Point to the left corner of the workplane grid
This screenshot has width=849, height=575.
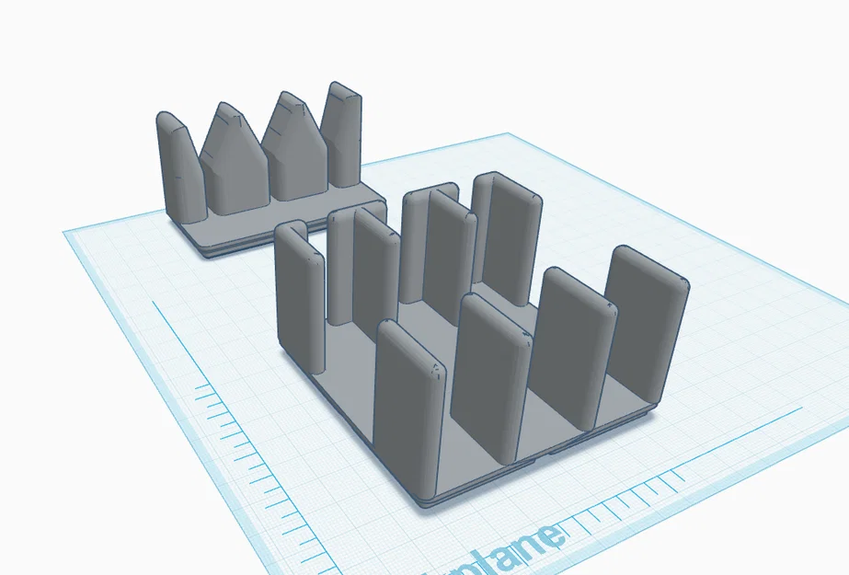pos(64,233)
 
